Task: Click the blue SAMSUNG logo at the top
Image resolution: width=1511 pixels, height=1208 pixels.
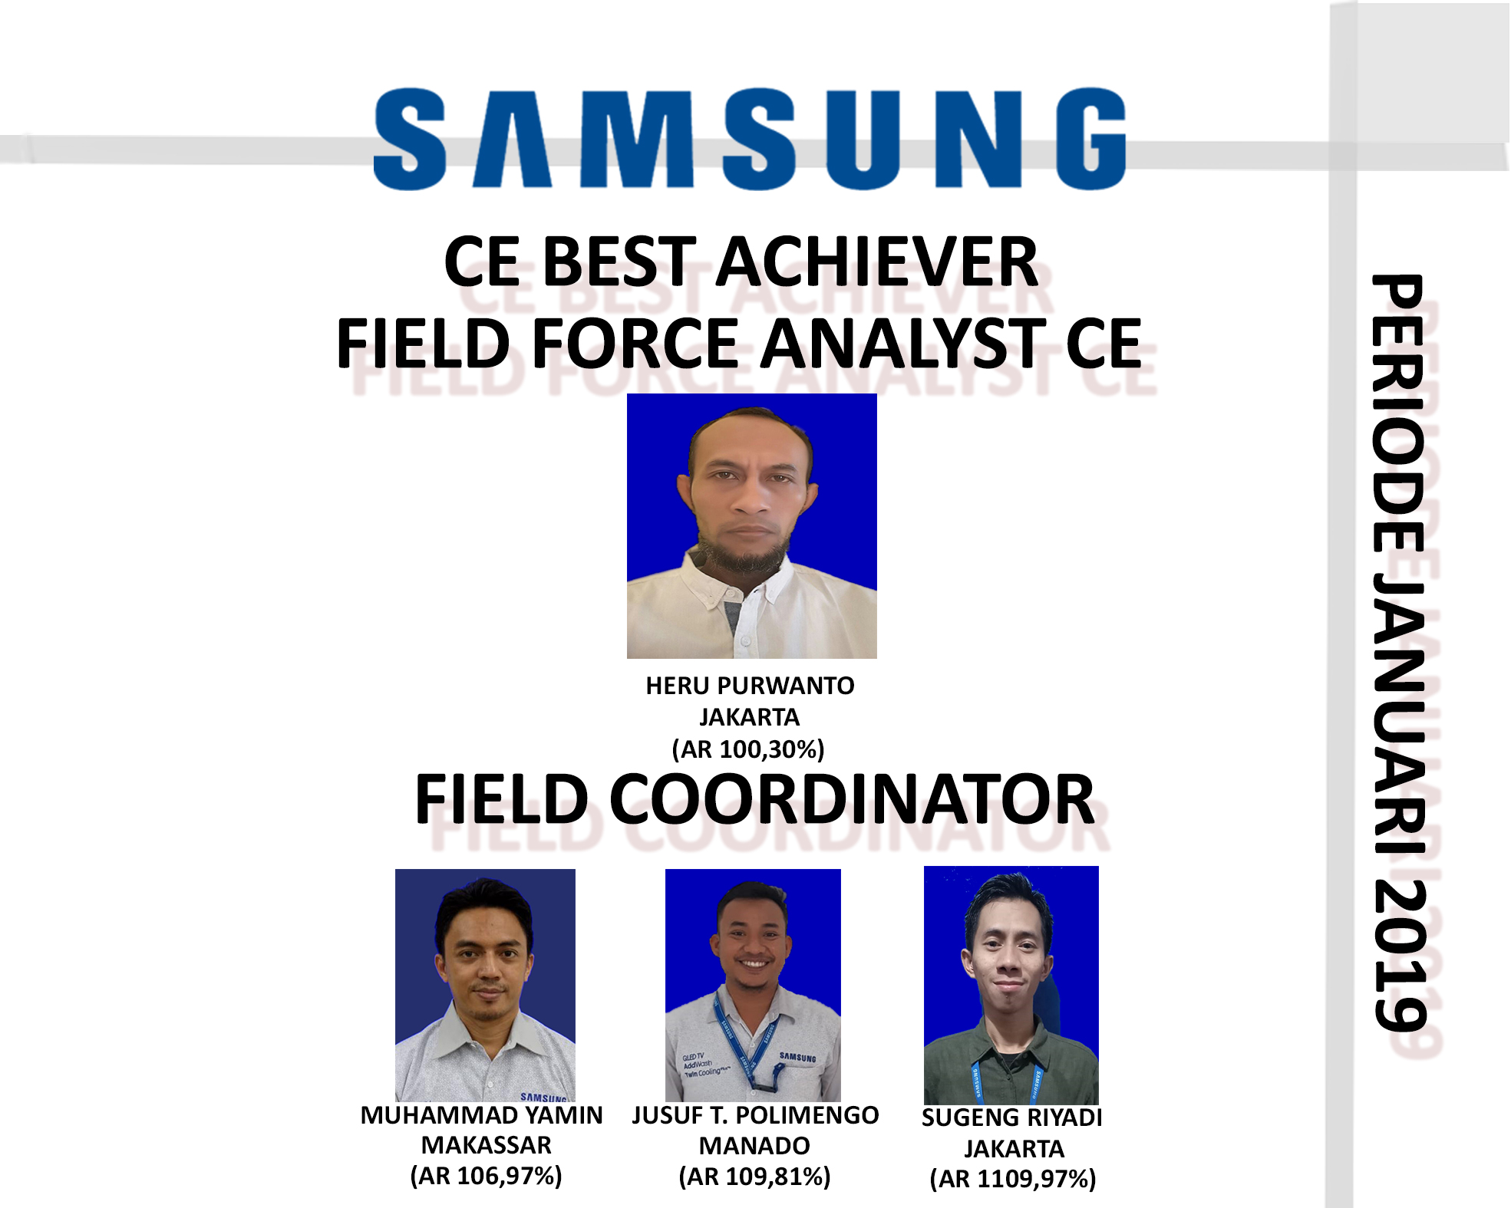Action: (750, 139)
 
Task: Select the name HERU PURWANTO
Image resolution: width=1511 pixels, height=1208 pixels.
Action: (750, 686)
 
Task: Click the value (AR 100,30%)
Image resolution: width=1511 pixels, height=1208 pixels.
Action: (748, 749)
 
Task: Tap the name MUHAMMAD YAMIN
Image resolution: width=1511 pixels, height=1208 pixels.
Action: (482, 1115)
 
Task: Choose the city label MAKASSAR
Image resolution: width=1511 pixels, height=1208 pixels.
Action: (487, 1145)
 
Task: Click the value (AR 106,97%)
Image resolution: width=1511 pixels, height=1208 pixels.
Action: (487, 1176)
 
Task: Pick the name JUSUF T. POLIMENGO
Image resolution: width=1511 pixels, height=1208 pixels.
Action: (755, 1115)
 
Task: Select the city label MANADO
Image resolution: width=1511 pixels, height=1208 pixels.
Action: (754, 1146)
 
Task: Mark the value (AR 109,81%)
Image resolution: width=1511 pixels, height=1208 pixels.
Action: (755, 1177)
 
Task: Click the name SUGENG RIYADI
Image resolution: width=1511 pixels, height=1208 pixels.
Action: (1011, 1118)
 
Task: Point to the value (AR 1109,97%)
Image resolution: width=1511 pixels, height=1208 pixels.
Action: (1013, 1179)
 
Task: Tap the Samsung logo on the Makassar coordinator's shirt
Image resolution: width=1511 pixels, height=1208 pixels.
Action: (543, 1098)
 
